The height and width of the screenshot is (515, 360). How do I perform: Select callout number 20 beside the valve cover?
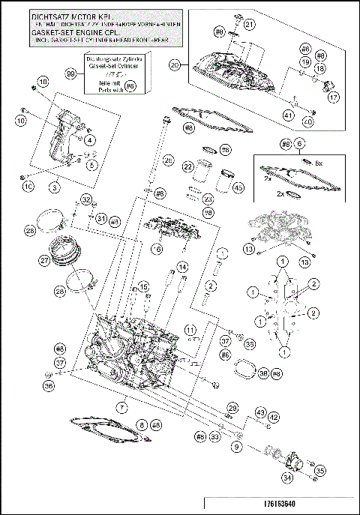pos(175,65)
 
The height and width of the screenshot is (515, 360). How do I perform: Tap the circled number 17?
pos(334,97)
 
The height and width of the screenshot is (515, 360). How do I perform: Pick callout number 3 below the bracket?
pos(54,183)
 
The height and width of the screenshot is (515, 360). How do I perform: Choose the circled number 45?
pos(239,187)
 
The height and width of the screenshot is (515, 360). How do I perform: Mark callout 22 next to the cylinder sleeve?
pos(188,166)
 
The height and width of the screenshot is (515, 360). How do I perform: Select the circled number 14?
pos(182,267)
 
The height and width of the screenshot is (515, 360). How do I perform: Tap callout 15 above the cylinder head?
pos(142,288)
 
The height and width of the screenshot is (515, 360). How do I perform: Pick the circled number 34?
pos(287,476)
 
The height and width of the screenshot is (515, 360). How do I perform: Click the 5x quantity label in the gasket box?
pos(318,162)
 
